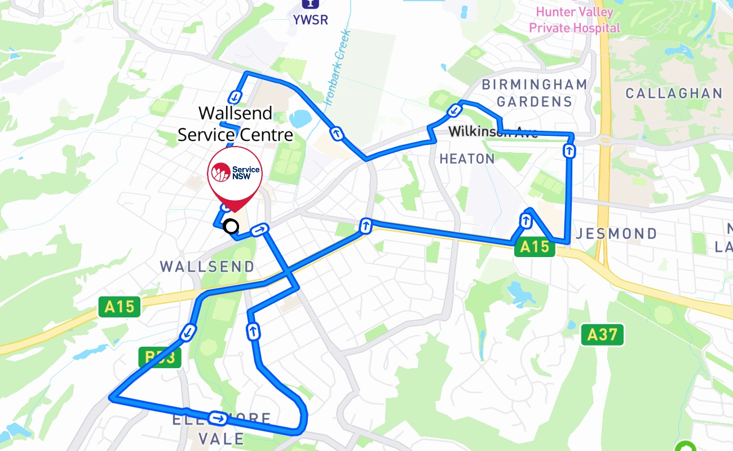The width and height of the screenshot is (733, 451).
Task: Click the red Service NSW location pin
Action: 235,175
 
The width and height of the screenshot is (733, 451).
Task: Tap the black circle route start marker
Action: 231,227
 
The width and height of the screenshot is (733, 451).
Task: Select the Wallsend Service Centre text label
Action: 235,124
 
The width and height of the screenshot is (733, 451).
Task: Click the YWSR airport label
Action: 310,19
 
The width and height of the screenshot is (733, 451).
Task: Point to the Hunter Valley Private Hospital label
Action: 574,20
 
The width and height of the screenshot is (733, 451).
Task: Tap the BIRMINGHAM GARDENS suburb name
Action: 534,93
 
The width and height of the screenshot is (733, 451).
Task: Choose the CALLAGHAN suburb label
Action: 674,93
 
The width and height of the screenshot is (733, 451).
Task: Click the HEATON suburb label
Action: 467,159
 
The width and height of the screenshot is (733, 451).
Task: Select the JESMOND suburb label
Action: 616,233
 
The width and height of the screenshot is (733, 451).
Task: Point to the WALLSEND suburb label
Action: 207,266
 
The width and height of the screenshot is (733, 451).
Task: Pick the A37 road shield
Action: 602,335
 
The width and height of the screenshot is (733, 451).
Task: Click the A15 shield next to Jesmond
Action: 534,247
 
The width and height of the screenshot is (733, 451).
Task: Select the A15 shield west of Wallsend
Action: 120,307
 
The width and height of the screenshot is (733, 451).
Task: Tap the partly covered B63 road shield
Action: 160,357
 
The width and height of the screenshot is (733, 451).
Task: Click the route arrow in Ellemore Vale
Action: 218,418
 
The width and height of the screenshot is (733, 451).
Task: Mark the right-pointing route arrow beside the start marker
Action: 259,229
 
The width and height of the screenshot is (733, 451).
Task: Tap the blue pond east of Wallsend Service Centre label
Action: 299,118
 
